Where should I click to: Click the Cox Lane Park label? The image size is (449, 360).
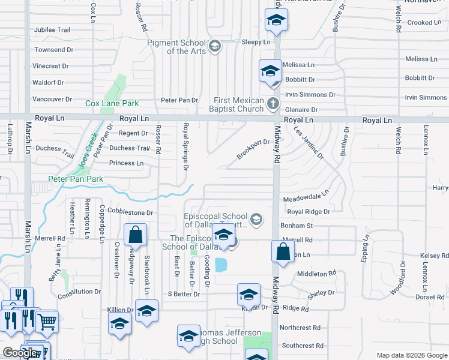[107, 104]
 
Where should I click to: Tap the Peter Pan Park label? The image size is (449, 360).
[76, 179]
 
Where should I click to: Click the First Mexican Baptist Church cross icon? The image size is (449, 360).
[273, 104]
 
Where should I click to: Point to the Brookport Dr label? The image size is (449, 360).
[253, 149]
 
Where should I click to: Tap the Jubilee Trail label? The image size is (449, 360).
[52, 30]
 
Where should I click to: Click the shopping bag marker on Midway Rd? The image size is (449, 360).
[283, 251]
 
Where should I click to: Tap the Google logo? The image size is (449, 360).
[20, 353]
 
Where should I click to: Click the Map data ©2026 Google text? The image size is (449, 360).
[411, 355]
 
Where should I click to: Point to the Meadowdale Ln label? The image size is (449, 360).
[306, 199]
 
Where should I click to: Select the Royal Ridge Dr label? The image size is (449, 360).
[309, 212]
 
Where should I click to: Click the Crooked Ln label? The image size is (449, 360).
[424, 22]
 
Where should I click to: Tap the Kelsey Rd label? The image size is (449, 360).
[434, 256]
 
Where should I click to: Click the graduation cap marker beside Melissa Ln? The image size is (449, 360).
[270, 71]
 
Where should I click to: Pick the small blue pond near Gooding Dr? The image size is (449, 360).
[220, 265]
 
